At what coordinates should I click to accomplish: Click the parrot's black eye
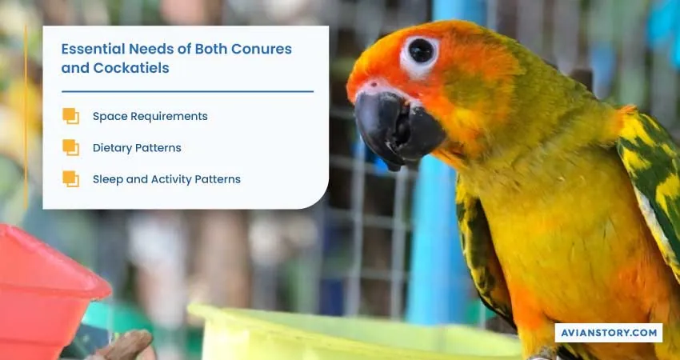coord(420,50)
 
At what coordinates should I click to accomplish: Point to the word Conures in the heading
coord(262,49)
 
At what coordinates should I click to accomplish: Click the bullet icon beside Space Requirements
coord(70,116)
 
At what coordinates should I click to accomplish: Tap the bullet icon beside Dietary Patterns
coord(70,147)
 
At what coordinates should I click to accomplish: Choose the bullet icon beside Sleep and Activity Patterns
coord(70,178)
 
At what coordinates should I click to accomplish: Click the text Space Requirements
coord(150,116)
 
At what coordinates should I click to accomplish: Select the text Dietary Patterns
coord(137,148)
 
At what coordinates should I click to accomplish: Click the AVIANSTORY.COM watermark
coord(609,333)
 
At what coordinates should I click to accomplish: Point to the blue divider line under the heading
coord(187,91)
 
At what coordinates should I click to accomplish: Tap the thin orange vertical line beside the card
coord(26,117)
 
